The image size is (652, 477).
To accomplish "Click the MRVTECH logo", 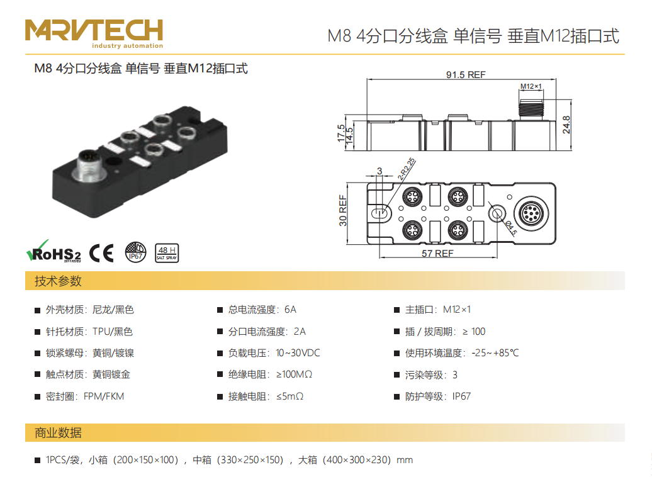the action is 94,33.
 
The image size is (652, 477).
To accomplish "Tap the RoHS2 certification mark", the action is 53,252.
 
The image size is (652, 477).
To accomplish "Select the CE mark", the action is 101,253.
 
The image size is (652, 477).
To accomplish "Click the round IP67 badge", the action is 135,252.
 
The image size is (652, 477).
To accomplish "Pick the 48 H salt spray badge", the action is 167,253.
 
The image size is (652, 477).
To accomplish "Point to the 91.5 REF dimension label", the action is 466,75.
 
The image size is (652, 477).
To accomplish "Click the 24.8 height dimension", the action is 566,125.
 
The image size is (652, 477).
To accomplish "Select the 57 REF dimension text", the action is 437,253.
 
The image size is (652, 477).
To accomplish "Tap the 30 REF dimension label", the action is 343,210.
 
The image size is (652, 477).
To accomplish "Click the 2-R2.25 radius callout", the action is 407,169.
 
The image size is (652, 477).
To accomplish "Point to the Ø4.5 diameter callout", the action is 511,227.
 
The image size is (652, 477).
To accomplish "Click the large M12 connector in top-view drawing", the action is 531,213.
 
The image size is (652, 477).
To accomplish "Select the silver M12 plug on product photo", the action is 90,166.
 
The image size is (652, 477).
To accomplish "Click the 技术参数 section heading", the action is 58,281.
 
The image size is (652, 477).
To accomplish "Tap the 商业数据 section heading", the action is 58,433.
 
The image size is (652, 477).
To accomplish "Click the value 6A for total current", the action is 290,310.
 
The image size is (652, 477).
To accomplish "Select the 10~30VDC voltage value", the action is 298,353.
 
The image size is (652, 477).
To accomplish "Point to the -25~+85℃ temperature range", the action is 495,353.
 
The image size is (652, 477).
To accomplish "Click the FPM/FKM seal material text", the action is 104,396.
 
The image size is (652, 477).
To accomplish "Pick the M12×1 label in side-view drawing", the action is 531,86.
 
